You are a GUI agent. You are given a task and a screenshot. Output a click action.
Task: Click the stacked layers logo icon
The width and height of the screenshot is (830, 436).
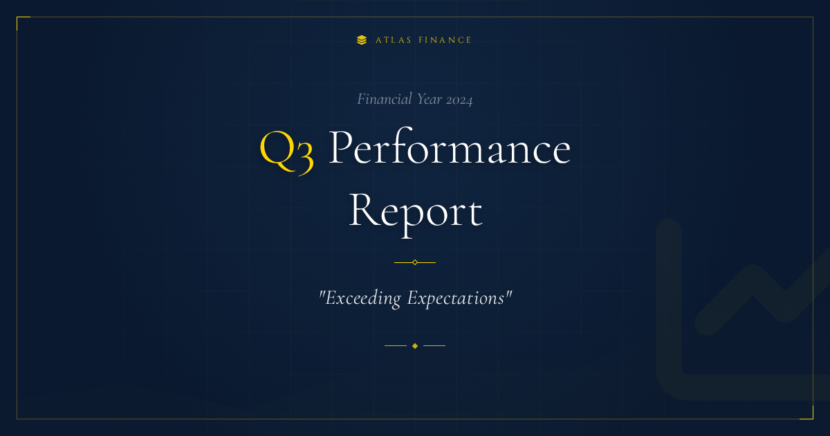362,40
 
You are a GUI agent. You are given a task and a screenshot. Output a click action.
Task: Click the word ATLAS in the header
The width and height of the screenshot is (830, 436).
394,40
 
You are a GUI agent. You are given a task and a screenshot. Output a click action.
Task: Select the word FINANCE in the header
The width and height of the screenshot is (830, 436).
445,40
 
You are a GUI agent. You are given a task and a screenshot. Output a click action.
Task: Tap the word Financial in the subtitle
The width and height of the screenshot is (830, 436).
385,99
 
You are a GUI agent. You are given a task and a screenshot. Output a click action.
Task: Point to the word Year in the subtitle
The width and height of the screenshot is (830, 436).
430,99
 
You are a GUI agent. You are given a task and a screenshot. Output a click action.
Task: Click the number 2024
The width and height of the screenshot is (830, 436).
459,100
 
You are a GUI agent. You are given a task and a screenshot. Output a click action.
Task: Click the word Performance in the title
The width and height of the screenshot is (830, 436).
450,147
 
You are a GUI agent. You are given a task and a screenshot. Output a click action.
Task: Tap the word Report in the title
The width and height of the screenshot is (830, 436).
416,214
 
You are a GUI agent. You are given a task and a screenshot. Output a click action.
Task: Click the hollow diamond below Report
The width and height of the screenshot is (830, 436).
415,262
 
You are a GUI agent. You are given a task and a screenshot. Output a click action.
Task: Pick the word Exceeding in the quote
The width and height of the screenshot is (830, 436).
363,298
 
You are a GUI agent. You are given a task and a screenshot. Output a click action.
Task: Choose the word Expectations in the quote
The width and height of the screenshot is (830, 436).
456,298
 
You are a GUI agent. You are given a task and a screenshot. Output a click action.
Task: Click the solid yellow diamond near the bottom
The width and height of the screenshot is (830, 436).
415,346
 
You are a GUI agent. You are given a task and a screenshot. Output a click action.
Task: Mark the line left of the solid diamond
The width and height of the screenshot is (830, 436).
396,345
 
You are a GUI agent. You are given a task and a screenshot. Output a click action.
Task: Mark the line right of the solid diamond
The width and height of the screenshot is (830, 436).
434,345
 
